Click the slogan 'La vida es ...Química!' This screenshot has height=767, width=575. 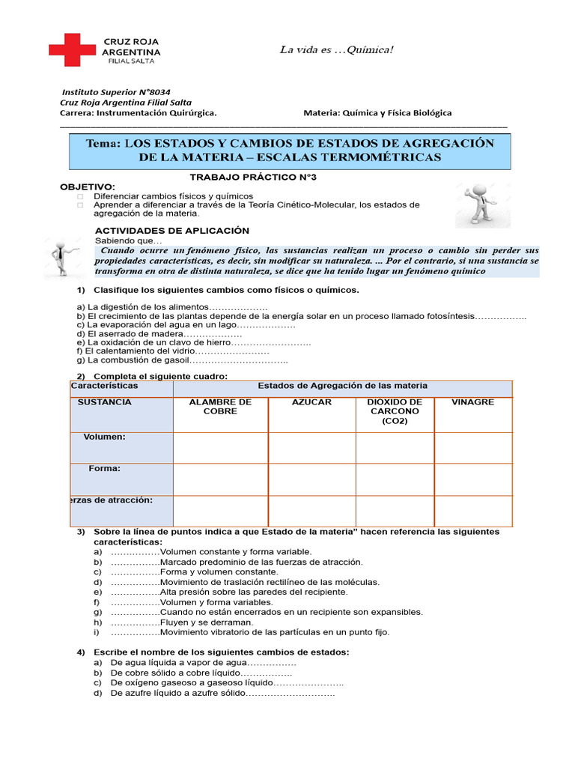[x=336, y=50]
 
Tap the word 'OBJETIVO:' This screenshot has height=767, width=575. [x=88, y=187]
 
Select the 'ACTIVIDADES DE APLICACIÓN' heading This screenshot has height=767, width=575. [x=172, y=231]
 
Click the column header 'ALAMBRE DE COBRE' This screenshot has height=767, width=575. [x=220, y=407]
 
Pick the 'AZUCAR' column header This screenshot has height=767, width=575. [x=311, y=402]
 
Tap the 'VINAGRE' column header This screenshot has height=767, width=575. [x=472, y=402]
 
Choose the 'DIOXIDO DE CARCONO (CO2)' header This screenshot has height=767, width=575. [x=395, y=411]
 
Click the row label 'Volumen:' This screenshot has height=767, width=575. [x=105, y=437]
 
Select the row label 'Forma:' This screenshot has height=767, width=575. [x=105, y=469]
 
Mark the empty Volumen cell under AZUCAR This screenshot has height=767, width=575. [x=311, y=448]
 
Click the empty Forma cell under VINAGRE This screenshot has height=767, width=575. [x=472, y=479]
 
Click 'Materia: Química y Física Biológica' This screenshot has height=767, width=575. [x=377, y=113]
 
